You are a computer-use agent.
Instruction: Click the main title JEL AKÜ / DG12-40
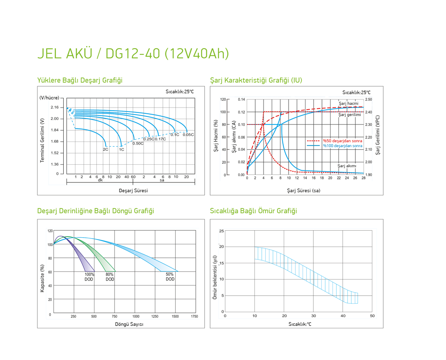coord(133,53)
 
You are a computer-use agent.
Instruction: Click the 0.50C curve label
coord(138,143)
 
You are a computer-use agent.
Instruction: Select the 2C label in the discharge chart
coord(106,149)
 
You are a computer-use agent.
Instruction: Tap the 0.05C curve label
coord(188,134)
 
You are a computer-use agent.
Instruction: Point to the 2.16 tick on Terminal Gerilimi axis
coord(55,107)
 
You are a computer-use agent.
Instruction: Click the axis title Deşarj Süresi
coord(133,190)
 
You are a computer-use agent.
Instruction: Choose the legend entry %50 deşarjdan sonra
coord(342,141)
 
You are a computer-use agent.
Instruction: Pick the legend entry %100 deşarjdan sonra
coord(342,146)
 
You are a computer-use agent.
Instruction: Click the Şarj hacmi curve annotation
coord(349,103)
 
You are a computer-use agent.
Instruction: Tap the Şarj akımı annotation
coord(347,166)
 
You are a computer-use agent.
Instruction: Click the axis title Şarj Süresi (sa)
coord(303,190)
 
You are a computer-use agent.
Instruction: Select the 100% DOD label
coord(89,277)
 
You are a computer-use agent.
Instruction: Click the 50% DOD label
coord(170,277)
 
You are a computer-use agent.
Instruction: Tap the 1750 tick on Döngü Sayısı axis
coord(194,316)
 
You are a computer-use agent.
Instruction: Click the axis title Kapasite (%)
coord(42,278)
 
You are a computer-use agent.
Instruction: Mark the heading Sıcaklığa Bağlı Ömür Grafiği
coord(253,211)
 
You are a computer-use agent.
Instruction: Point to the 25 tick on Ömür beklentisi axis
coord(222,231)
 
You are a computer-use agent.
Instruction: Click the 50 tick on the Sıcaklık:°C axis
coord(372,316)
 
